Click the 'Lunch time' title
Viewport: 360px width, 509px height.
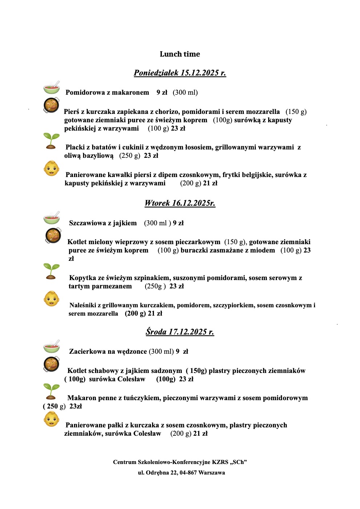click(180, 54)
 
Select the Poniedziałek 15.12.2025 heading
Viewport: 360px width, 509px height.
click(180, 73)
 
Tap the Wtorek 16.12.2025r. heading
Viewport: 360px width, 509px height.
click(180, 203)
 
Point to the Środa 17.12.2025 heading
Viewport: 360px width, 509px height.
click(180, 332)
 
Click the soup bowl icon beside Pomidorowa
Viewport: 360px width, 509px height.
click(52, 88)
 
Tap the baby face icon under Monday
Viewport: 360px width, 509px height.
click(52, 169)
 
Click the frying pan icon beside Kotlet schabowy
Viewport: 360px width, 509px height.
click(51, 364)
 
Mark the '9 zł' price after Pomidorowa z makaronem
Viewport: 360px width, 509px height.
click(162, 93)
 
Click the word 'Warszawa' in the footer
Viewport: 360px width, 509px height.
click(212, 473)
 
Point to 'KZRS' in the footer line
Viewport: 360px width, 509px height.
click(220, 462)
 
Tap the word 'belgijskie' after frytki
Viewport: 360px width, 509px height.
click(255, 175)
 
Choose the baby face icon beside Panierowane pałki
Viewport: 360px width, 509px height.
click(51, 419)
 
